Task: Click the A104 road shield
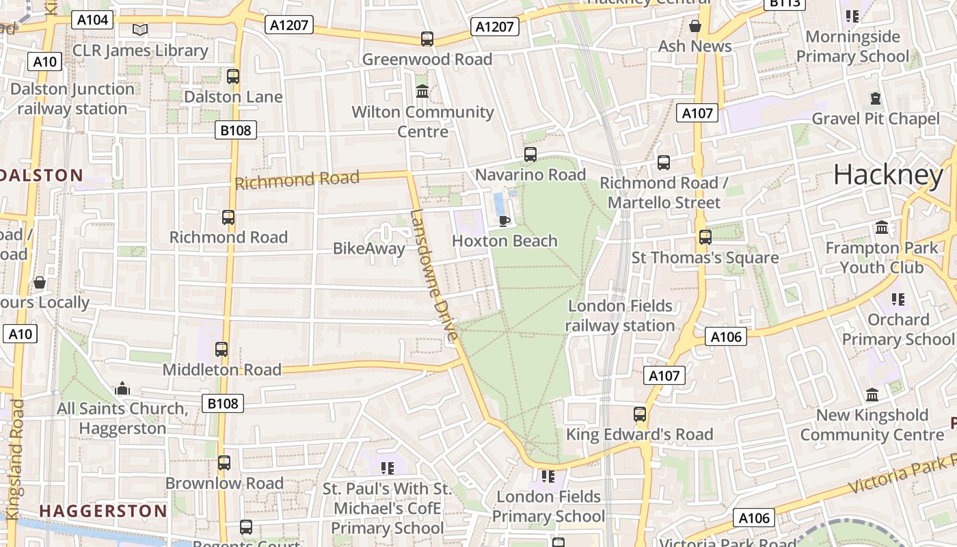(92, 20)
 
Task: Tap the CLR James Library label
(140, 51)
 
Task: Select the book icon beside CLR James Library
(140, 29)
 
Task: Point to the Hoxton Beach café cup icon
(504, 220)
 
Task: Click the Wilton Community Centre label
(422, 121)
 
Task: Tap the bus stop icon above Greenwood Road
(427, 39)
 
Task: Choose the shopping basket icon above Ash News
(695, 26)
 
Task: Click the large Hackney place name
(888, 175)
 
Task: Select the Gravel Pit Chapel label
(876, 119)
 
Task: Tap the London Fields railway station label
(621, 315)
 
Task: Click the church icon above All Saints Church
(122, 389)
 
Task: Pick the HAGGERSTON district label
(103, 511)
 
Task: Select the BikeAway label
(369, 248)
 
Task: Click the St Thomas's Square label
(705, 258)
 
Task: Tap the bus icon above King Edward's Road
(640, 414)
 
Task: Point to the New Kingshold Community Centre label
(872, 425)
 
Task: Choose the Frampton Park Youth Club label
(882, 257)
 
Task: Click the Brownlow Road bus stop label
(224, 483)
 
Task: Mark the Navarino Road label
(530, 175)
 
